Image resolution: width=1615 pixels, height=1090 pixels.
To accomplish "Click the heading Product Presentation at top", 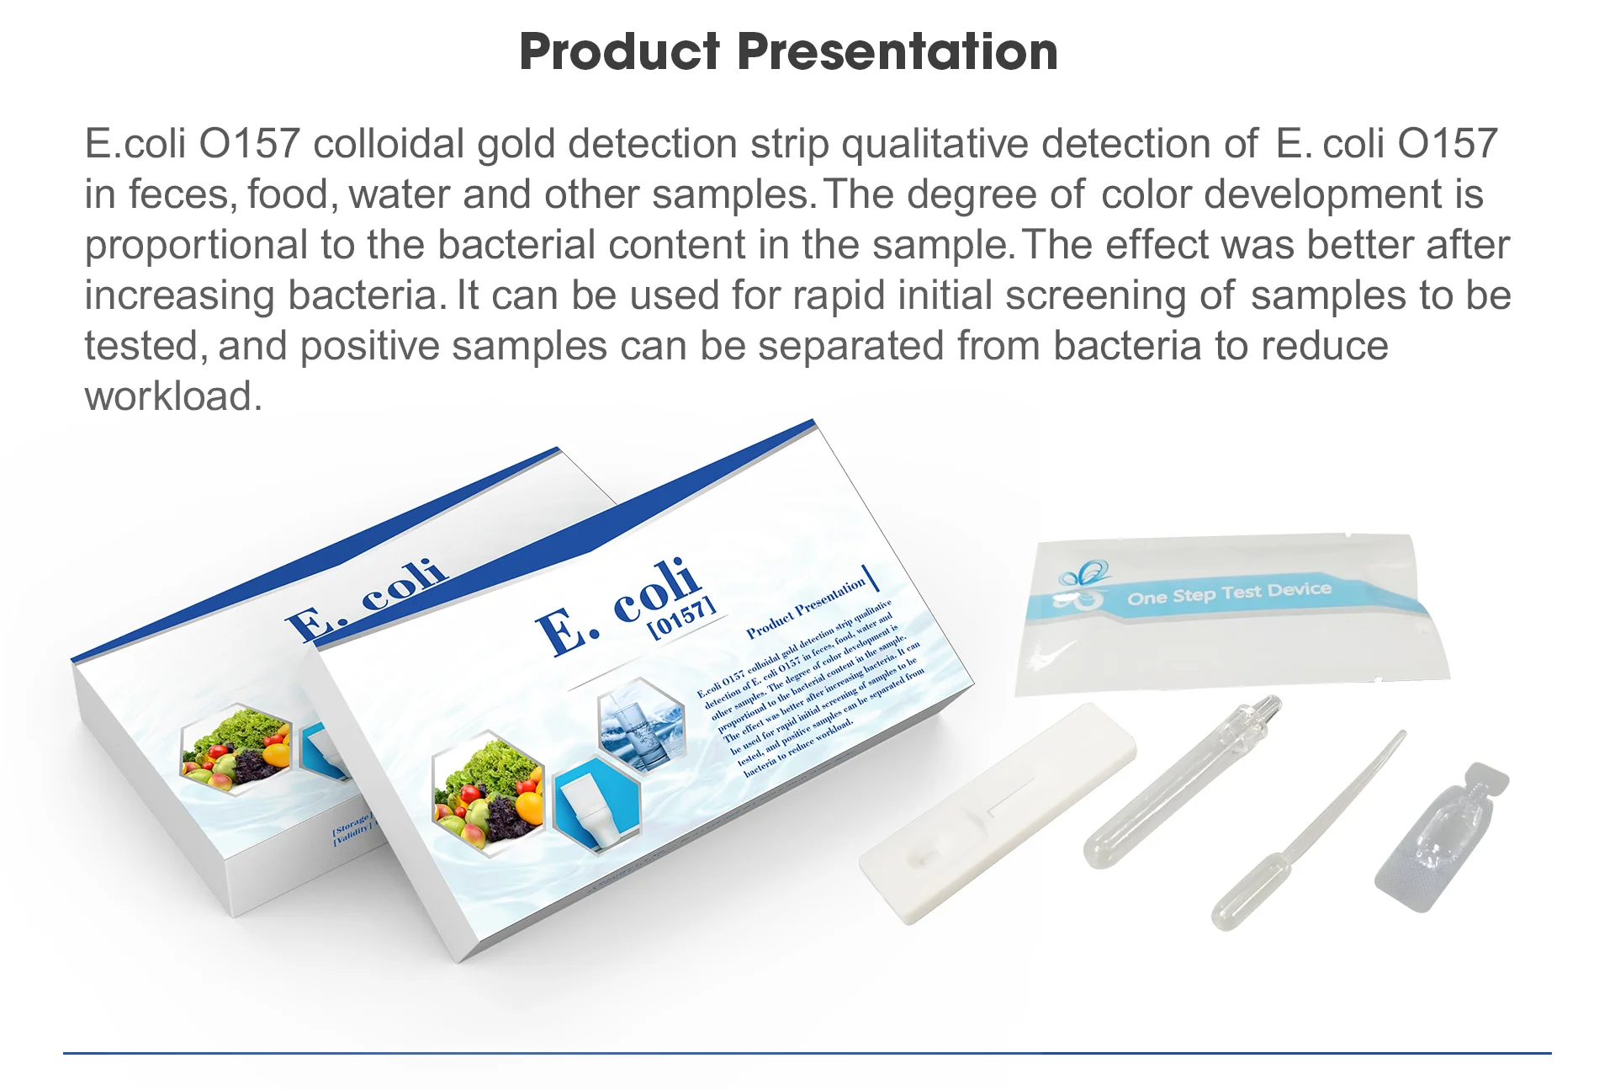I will pos(788,51).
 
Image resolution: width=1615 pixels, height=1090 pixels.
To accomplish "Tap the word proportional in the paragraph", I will pos(195,245).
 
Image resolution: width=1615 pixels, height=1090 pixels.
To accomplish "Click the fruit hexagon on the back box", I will pos(237,748).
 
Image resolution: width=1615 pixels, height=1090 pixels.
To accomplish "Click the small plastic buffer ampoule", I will pos(1440,838).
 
